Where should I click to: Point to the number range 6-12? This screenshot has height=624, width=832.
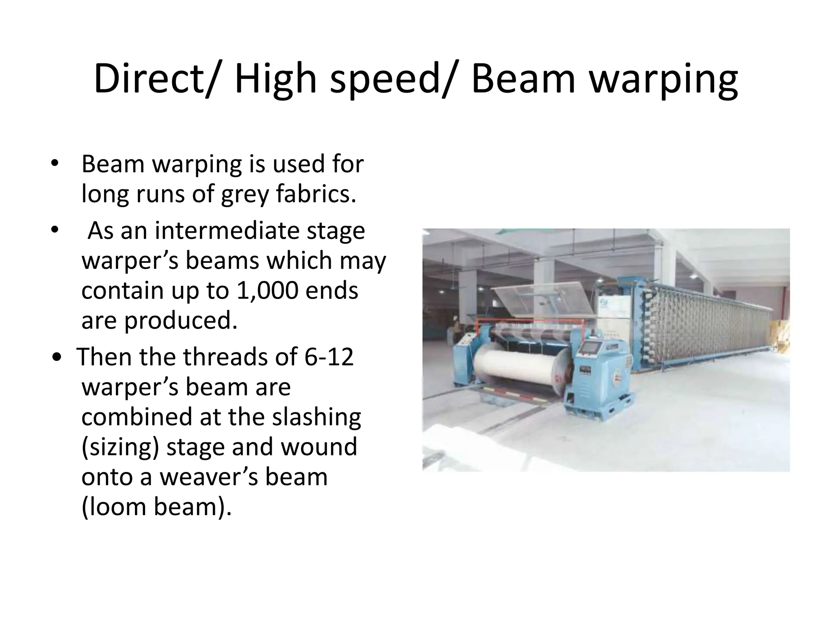click(329, 357)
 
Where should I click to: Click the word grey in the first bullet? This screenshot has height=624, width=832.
click(245, 194)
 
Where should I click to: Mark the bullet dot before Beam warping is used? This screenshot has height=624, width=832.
click(54, 164)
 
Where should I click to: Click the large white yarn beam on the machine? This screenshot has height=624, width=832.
click(516, 368)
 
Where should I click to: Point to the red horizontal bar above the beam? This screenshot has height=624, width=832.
click(528, 321)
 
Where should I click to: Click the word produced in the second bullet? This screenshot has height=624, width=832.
click(180, 321)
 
